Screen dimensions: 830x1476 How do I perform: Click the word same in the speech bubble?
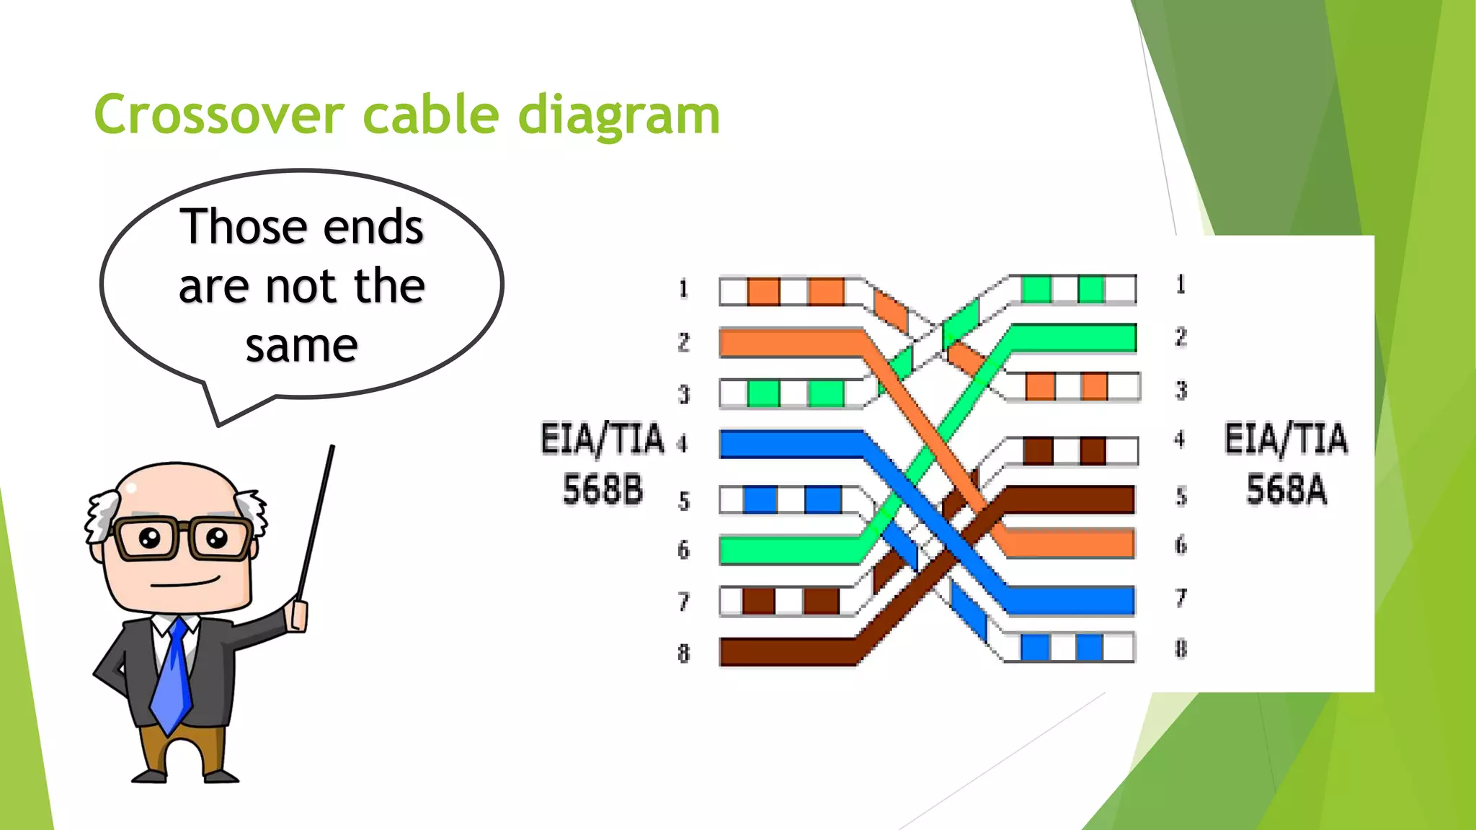(x=301, y=346)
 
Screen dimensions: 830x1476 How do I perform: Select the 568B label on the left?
(x=603, y=489)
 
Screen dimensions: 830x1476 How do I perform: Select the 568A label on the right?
(x=1286, y=489)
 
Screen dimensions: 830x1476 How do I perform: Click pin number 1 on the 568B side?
(x=683, y=289)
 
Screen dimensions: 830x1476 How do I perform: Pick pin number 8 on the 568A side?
(x=1181, y=648)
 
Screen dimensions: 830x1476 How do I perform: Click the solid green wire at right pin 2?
(x=1074, y=338)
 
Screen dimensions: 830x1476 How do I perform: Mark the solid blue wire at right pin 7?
(x=1074, y=600)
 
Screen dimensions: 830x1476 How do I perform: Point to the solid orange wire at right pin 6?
(x=1074, y=544)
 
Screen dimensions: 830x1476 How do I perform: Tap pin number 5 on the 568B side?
(x=684, y=501)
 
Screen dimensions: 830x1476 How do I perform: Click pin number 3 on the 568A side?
(x=1181, y=390)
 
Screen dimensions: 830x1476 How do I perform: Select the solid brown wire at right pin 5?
(x=1074, y=499)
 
